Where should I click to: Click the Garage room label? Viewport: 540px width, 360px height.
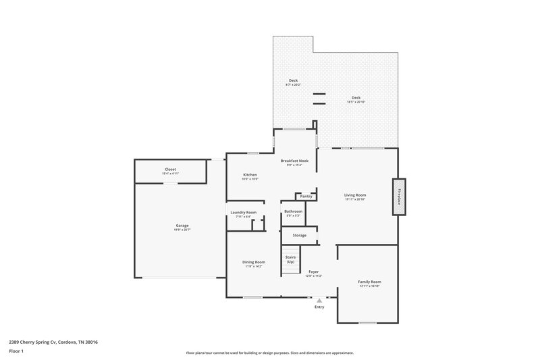pos(182,226)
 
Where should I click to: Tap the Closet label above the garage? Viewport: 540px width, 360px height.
pos(171,170)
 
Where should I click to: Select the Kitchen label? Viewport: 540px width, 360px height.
pos(250,175)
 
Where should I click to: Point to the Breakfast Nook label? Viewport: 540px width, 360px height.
pos(294,161)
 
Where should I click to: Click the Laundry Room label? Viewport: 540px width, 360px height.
pos(243,213)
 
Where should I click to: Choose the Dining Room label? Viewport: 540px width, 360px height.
pos(254,262)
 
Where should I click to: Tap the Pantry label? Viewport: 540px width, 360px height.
pos(306,197)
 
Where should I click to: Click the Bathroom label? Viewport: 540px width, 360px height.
pos(293,211)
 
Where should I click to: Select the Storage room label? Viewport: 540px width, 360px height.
pos(299,235)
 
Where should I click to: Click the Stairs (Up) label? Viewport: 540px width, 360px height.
pos(291,259)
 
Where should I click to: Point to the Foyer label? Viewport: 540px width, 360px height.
pos(314,272)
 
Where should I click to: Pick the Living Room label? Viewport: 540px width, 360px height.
pos(355,195)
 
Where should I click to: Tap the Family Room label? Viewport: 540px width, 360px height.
pos(369,282)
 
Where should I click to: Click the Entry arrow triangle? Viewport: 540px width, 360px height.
pos(319,300)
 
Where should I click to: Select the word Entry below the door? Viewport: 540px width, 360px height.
pos(319,307)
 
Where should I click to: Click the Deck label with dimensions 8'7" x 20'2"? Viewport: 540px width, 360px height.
pos(293,80)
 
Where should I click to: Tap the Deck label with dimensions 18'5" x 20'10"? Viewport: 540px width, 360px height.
pos(356,97)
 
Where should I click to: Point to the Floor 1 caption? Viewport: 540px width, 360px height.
pos(16,351)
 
